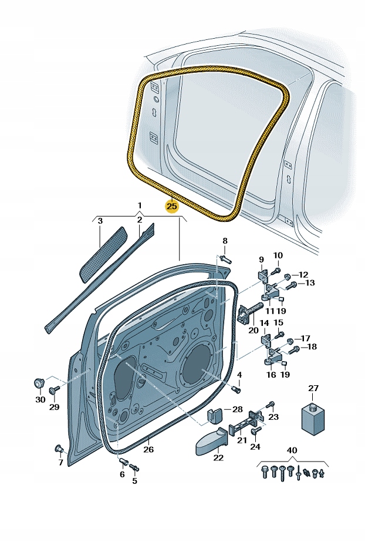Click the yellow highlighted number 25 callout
[x=171, y=206]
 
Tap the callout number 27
[x=313, y=388]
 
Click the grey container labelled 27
[x=313, y=418]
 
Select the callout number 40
[x=292, y=450]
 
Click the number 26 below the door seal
[x=148, y=450]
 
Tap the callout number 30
[x=39, y=399]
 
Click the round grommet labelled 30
[x=39, y=383]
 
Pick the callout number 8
[x=224, y=241]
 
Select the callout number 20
[x=254, y=330]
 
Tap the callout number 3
[x=100, y=221]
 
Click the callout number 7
[x=60, y=463]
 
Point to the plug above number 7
[x=59, y=449]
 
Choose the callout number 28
[x=237, y=409]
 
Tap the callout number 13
[x=310, y=283]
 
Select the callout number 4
[x=239, y=374]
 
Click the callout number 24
[x=255, y=446]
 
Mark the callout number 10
[x=278, y=255]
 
